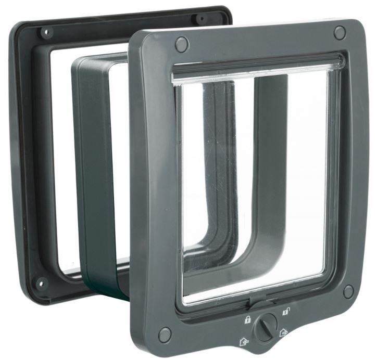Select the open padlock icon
(286, 312)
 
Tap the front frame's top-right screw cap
(339, 32)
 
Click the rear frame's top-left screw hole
(44, 32)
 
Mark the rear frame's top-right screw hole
(200, 19)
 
